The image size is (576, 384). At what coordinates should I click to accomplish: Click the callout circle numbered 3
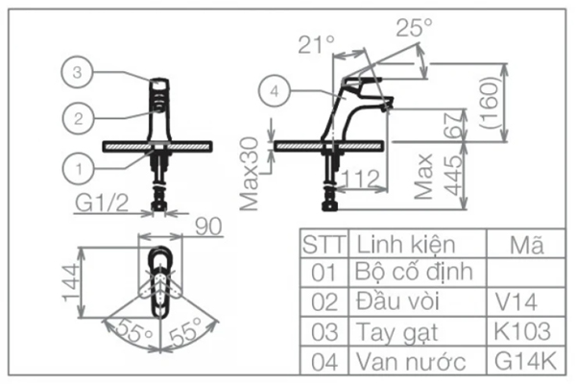[x=77, y=72]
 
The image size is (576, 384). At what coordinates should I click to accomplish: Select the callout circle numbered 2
[x=78, y=118]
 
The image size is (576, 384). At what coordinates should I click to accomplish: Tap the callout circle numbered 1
[x=79, y=169]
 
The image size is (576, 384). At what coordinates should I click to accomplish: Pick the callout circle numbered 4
[x=275, y=91]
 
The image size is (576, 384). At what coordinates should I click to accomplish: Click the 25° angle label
[x=414, y=27]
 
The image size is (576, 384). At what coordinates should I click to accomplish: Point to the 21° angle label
[x=316, y=44]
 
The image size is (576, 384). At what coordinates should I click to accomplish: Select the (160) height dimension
[x=490, y=102]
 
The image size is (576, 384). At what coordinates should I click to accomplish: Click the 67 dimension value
[x=453, y=125]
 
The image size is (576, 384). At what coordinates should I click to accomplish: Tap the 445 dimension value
[x=453, y=175]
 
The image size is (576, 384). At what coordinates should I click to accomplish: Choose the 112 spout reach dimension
[x=360, y=179]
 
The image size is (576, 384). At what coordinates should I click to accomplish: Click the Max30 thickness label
[x=250, y=174]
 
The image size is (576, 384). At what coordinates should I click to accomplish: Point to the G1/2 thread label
[x=102, y=203]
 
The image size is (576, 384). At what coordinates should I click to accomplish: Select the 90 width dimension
[x=208, y=227]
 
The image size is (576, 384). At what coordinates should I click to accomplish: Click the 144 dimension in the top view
[x=72, y=282]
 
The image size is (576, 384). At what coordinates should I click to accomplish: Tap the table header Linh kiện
[x=406, y=245]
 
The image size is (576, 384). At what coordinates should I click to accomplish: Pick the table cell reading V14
[x=516, y=302]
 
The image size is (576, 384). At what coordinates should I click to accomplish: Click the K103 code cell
[x=522, y=331]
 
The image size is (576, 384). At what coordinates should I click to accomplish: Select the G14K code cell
[x=525, y=361]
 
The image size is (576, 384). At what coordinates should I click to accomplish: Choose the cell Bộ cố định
[x=414, y=273]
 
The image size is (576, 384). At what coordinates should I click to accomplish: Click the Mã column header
[x=527, y=245]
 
